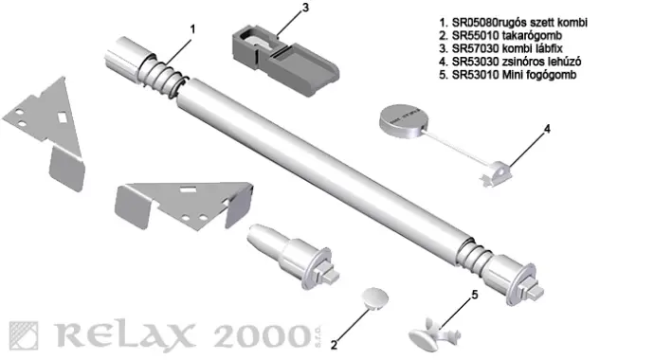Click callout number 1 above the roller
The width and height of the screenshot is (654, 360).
click(x=192, y=29)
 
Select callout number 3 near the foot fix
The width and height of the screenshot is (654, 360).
click(x=306, y=8)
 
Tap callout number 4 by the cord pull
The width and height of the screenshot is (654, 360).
click(x=547, y=129)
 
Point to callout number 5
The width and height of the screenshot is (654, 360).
click(x=475, y=295)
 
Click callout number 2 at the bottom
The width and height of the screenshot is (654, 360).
click(x=334, y=345)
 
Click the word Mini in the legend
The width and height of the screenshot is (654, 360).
click(x=511, y=75)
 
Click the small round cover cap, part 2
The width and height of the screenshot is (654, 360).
click(x=374, y=297)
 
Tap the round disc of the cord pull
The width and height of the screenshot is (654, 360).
click(x=404, y=121)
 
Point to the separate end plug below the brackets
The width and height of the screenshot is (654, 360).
click(x=293, y=256)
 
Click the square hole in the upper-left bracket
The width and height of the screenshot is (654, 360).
click(x=63, y=118)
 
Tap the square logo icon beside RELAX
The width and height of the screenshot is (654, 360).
click(x=24, y=335)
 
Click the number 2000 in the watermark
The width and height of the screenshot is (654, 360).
click(x=263, y=335)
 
